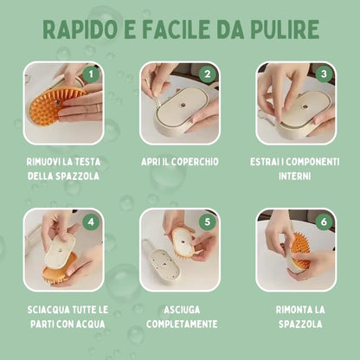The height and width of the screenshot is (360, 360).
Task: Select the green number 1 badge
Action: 93,74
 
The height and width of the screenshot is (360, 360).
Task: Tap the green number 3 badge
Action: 325,74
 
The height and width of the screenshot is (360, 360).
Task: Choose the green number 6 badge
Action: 325,221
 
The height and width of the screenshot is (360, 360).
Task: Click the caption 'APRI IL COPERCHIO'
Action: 180,161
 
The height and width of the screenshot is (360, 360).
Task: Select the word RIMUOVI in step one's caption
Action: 47,161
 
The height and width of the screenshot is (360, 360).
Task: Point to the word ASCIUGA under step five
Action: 180,309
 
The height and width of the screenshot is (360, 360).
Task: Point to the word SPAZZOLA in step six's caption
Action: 296,325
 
